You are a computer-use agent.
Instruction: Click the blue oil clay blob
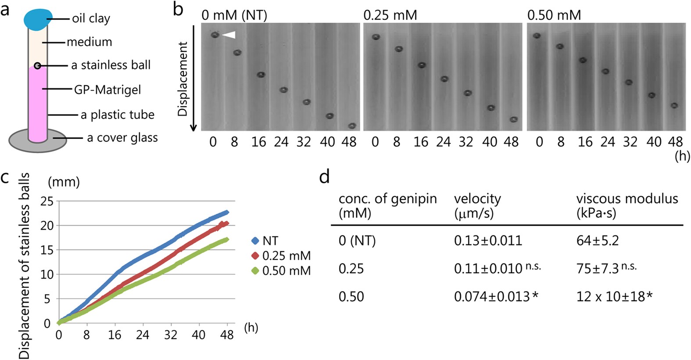(x=38, y=19)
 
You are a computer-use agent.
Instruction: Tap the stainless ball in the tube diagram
(x=37, y=66)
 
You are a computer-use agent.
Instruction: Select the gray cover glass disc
(x=38, y=140)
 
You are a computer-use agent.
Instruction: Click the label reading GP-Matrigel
(x=107, y=90)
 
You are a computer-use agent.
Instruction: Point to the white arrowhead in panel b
(x=229, y=35)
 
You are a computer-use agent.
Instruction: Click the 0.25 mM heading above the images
(x=390, y=15)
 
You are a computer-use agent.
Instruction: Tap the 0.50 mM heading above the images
(x=554, y=15)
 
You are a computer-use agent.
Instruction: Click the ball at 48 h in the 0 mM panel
(x=352, y=126)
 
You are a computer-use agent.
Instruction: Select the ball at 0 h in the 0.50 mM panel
(x=537, y=36)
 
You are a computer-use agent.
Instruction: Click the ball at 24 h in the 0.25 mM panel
(x=444, y=79)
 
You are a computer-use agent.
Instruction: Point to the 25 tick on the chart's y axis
(x=47, y=202)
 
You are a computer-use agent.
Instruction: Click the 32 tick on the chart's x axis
(x=171, y=335)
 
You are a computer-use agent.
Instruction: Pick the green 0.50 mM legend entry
(x=281, y=271)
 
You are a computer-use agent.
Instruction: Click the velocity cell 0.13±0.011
(x=488, y=241)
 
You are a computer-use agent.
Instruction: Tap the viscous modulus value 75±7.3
(x=598, y=269)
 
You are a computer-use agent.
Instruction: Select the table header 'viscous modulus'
(x=627, y=198)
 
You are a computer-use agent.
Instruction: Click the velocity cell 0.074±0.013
(x=492, y=297)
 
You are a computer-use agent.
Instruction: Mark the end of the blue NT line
(x=227, y=212)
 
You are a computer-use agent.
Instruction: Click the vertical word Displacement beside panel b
(x=183, y=79)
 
